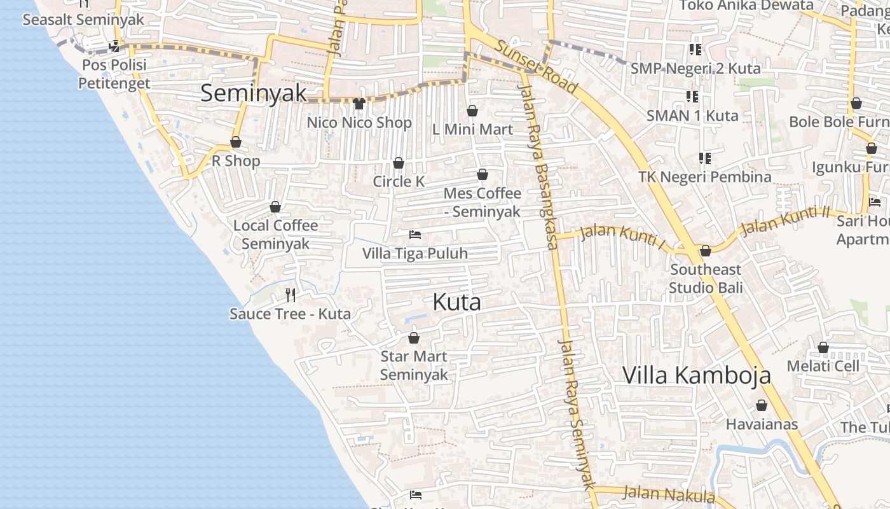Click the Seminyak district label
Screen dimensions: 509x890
click(254, 94)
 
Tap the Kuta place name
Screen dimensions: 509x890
click(456, 302)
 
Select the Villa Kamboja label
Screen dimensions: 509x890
click(696, 375)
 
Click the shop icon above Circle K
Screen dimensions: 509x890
click(399, 163)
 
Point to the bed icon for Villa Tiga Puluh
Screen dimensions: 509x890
click(415, 235)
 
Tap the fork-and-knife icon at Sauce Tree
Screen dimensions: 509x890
click(291, 295)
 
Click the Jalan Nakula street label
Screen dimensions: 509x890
click(669, 494)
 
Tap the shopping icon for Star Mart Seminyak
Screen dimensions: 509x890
click(414, 338)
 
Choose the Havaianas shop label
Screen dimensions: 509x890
click(762, 424)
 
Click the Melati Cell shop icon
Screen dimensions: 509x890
click(823, 347)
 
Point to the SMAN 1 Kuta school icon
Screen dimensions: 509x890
click(692, 97)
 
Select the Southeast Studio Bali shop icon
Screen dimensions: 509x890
click(706, 251)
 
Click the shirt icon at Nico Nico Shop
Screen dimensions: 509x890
click(359, 104)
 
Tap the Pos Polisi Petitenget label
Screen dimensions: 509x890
click(114, 74)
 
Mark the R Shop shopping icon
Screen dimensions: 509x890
click(236, 143)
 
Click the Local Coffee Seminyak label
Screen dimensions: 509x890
click(275, 234)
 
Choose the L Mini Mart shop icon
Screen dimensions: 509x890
click(472, 111)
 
